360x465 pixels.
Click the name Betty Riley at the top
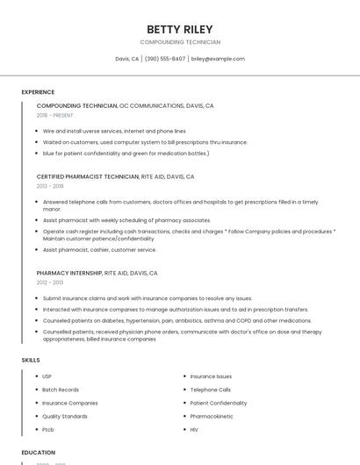click(x=179, y=29)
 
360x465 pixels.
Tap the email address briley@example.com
click(x=218, y=59)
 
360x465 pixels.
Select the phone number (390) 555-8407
click(x=165, y=59)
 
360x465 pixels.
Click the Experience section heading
click(x=38, y=92)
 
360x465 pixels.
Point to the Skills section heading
click(x=31, y=360)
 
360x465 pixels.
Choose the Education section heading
click(x=39, y=453)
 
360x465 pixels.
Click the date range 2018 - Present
click(x=56, y=115)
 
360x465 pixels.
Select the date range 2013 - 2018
click(x=50, y=186)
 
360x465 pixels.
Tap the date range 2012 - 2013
click(x=50, y=283)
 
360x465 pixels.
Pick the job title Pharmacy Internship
click(x=69, y=273)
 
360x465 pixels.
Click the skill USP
click(x=47, y=376)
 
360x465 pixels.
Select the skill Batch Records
click(x=61, y=390)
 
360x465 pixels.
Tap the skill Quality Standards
click(x=65, y=416)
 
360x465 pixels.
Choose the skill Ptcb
click(x=48, y=429)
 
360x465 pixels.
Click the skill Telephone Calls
click(x=211, y=390)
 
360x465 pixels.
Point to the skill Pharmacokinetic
click(x=212, y=416)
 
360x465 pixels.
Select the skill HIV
click(x=195, y=429)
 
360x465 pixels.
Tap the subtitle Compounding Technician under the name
click(x=179, y=42)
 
